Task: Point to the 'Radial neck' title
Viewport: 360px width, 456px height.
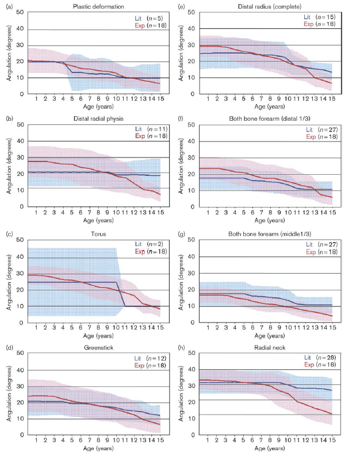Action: [x=268, y=347]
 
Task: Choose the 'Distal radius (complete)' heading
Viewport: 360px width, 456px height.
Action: [x=268, y=6]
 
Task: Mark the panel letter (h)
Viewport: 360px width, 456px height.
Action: [x=183, y=347]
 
